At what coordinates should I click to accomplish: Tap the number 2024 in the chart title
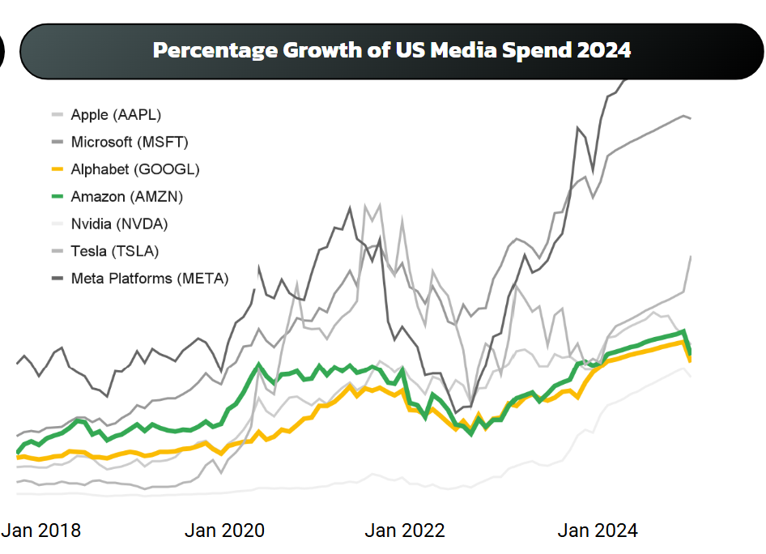pos(602,50)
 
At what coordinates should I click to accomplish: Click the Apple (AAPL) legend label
pos(121,115)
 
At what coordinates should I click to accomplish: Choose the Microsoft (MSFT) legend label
pos(130,143)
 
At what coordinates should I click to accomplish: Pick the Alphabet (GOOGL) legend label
pos(135,169)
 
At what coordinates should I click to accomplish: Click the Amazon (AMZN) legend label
pos(127,197)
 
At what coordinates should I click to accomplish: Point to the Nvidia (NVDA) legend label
pos(120,224)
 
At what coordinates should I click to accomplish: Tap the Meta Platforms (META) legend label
pos(150,279)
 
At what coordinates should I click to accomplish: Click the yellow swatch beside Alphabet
pos(57,169)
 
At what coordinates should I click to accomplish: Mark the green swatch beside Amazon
pos(57,197)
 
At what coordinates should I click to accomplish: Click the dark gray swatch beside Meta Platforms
pos(57,279)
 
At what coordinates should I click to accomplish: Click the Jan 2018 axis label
pos(41,531)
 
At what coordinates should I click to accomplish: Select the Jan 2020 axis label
pos(224,531)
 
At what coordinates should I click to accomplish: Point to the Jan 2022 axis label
pos(405,531)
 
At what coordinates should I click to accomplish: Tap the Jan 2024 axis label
pos(598,531)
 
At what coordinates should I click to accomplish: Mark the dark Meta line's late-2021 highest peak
pos(351,208)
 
